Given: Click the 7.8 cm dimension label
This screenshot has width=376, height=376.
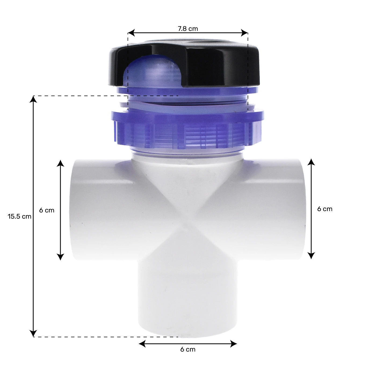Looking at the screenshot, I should (x=188, y=28).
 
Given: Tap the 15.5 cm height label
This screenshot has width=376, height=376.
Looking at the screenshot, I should (x=19, y=216).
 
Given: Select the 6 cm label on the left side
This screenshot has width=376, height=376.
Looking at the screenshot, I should (x=47, y=210).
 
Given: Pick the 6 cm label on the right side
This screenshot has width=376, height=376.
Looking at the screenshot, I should (x=325, y=209).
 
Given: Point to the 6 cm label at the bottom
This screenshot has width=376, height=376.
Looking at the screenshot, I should (x=188, y=349).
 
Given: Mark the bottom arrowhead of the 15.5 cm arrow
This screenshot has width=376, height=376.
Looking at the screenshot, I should (x=33, y=334).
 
